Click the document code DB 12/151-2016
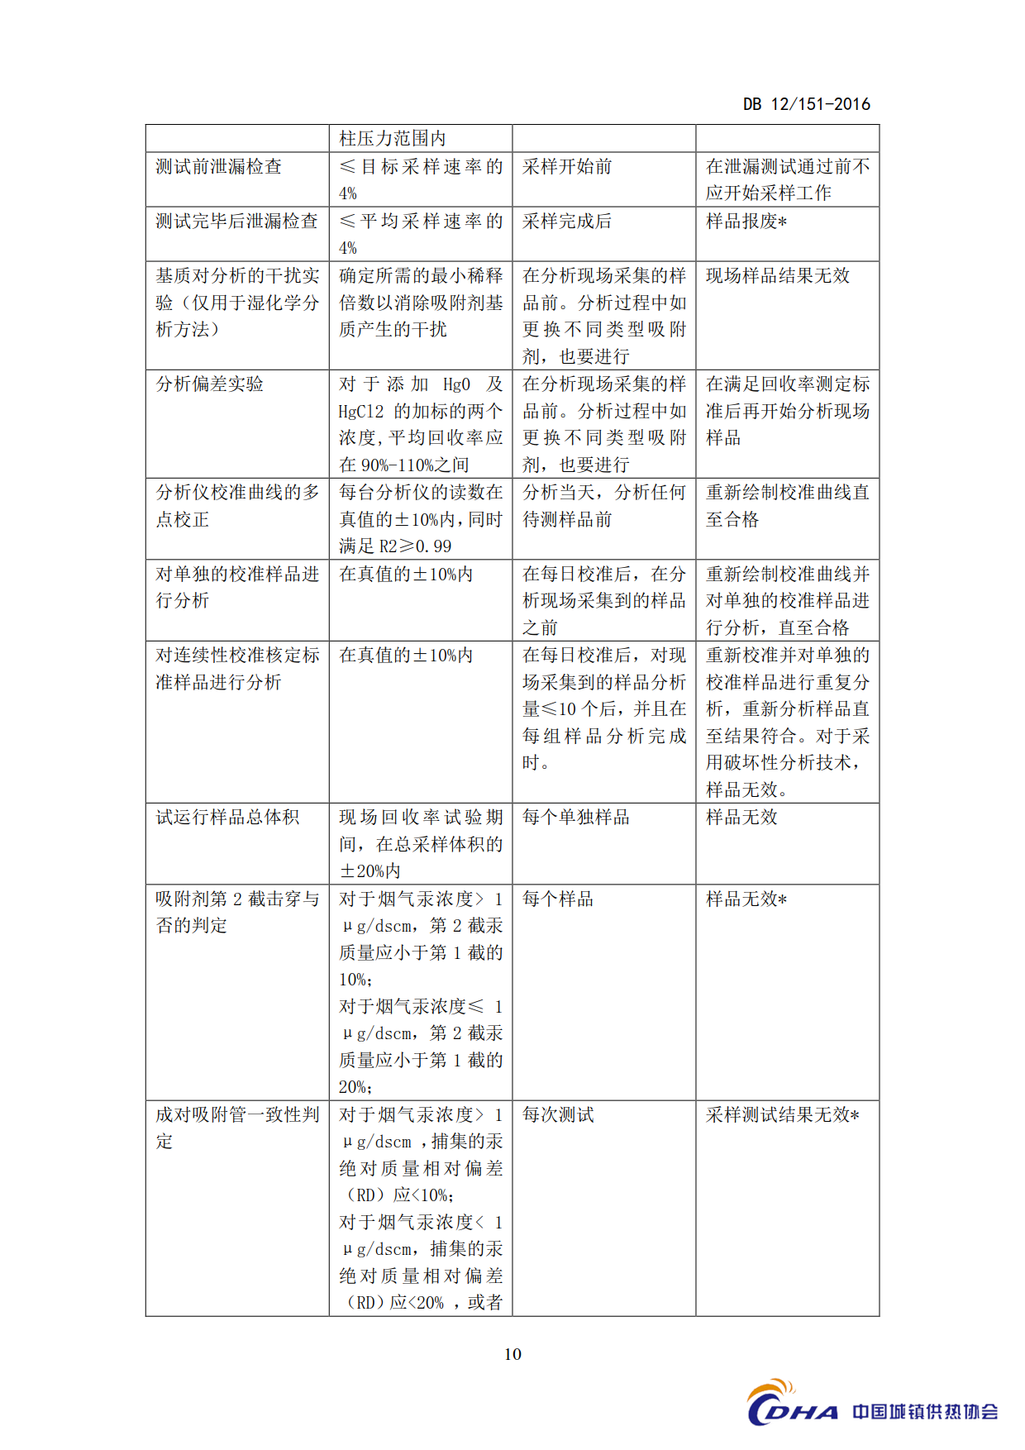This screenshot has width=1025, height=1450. click(806, 104)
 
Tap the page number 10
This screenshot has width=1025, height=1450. click(512, 1354)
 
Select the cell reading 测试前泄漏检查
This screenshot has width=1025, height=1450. click(219, 167)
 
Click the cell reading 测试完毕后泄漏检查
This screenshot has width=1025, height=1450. click(236, 222)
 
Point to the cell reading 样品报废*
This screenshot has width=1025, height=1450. click(746, 222)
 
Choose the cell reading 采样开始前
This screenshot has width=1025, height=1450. click(567, 167)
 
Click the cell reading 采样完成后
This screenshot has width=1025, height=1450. click(567, 222)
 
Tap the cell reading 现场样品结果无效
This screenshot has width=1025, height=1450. click(778, 276)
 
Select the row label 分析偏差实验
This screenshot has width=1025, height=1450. click(210, 384)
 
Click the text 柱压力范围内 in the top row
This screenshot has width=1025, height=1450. click(393, 138)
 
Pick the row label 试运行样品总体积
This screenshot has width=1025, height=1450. click(227, 818)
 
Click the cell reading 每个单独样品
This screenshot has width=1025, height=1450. click(576, 818)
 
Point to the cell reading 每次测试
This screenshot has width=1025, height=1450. click(558, 1115)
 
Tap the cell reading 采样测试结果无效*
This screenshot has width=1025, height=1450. click(782, 1115)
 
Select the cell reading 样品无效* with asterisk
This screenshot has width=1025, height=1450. click(746, 899)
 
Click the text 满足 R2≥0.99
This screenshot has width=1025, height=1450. click(395, 546)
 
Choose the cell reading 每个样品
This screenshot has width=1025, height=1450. click(558, 899)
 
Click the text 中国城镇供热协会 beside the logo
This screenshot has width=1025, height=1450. click(925, 1412)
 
